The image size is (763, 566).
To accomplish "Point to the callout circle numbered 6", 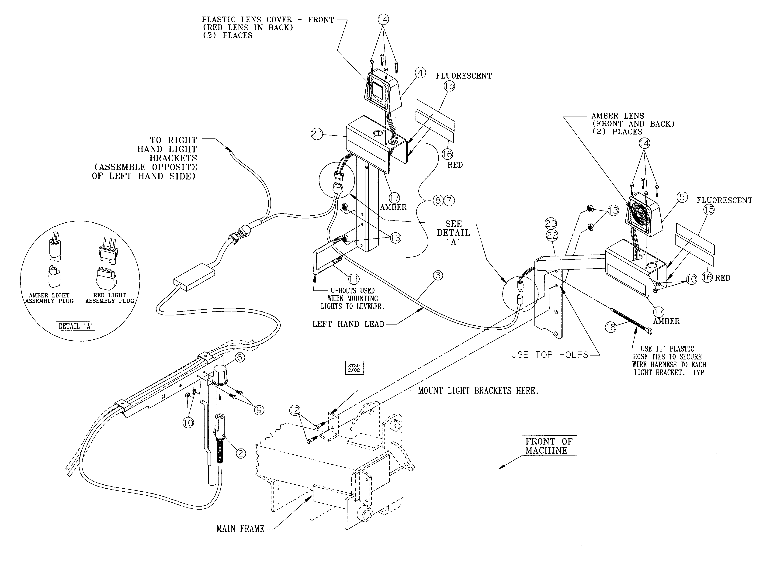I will coord(239,357).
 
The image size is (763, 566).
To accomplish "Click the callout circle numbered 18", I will coord(610,327).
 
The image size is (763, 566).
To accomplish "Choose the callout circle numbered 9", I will coord(259,410).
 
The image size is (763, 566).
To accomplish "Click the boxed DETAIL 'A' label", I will coord(75,326).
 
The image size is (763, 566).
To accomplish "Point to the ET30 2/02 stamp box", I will coord(354,368).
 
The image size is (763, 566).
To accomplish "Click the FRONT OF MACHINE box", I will coord(549,446).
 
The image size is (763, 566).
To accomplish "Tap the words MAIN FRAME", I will coord(240,529).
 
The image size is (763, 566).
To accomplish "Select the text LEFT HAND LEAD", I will coord(348,324).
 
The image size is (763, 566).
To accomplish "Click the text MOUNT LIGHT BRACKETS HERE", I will coord(478,390).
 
